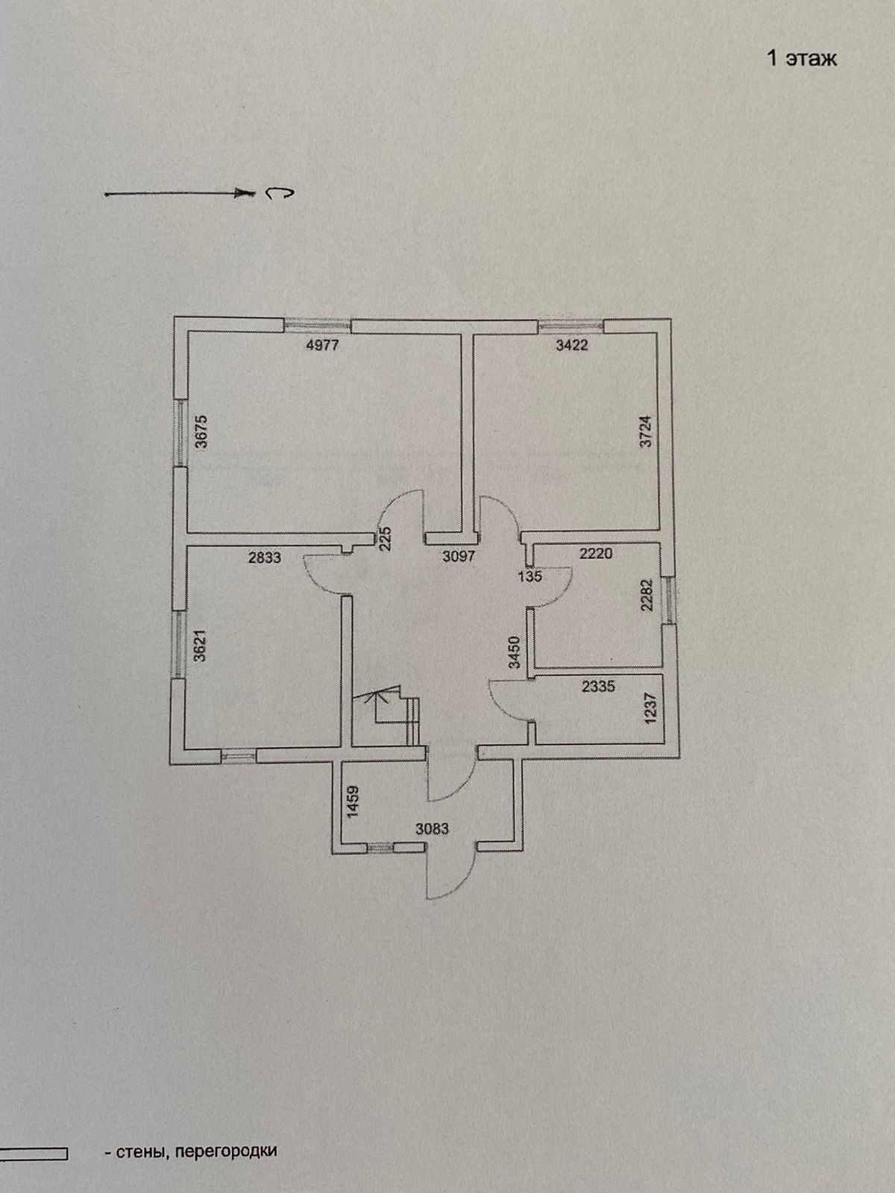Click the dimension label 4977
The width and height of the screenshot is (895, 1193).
point(321,345)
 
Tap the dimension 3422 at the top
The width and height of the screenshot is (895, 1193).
point(572,345)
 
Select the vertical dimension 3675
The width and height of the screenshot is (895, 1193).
point(201,431)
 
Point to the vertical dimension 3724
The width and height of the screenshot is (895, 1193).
point(647,431)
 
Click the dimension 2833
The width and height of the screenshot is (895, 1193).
point(265,557)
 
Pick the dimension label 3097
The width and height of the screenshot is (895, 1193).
point(458,556)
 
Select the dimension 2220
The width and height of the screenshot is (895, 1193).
point(596,553)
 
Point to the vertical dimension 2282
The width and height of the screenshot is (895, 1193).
point(647,595)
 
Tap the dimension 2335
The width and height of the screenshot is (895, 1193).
point(598,686)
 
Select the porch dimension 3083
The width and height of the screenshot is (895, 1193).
point(433,828)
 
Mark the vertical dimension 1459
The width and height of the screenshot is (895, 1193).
point(354,802)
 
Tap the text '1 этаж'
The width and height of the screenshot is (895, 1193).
point(802,59)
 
